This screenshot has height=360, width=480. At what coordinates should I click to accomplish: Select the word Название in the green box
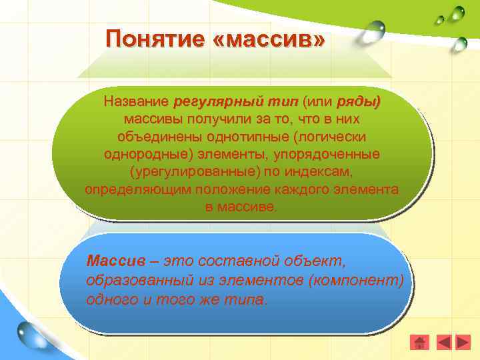click(135, 103)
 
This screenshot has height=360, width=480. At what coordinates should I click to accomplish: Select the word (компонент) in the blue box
click(357, 279)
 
